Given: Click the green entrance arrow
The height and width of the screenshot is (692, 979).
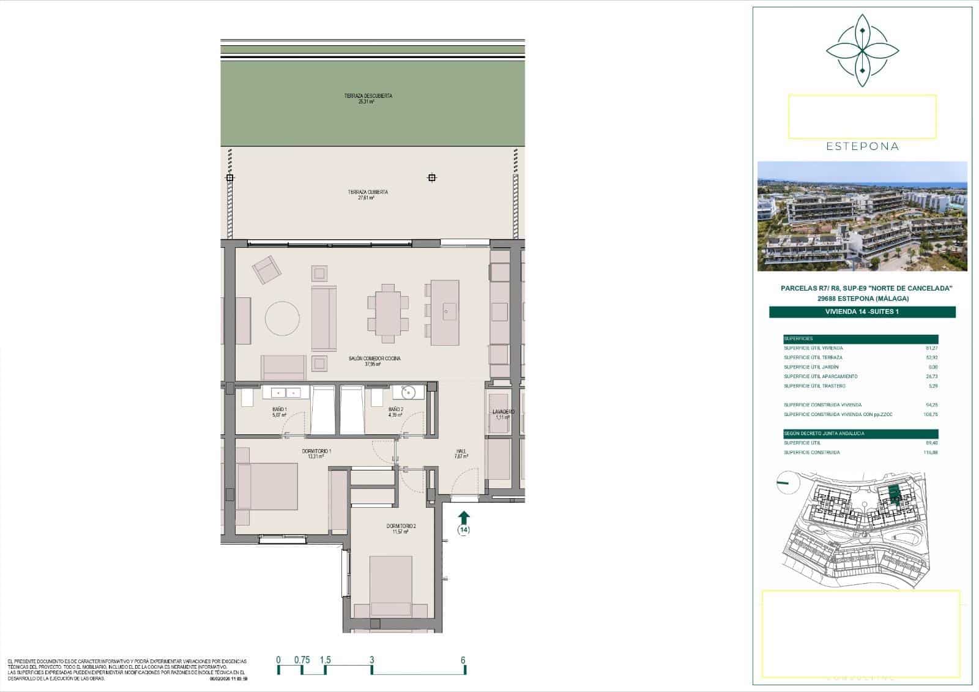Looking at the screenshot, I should coord(464,517).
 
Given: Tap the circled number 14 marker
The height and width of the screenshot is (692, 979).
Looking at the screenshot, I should coord(464,530).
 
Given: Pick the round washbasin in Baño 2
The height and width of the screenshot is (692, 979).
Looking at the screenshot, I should coord(409,392).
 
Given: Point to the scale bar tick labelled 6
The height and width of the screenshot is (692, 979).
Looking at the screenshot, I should coord(463,660).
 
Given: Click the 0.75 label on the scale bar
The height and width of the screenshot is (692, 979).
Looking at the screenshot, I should coord(302,660).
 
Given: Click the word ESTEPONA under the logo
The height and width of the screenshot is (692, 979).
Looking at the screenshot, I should coord(862,147).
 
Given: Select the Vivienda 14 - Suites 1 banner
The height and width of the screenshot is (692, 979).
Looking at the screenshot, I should coord(862,312).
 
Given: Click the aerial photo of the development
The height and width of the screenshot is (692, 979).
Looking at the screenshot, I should coord(862,216).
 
